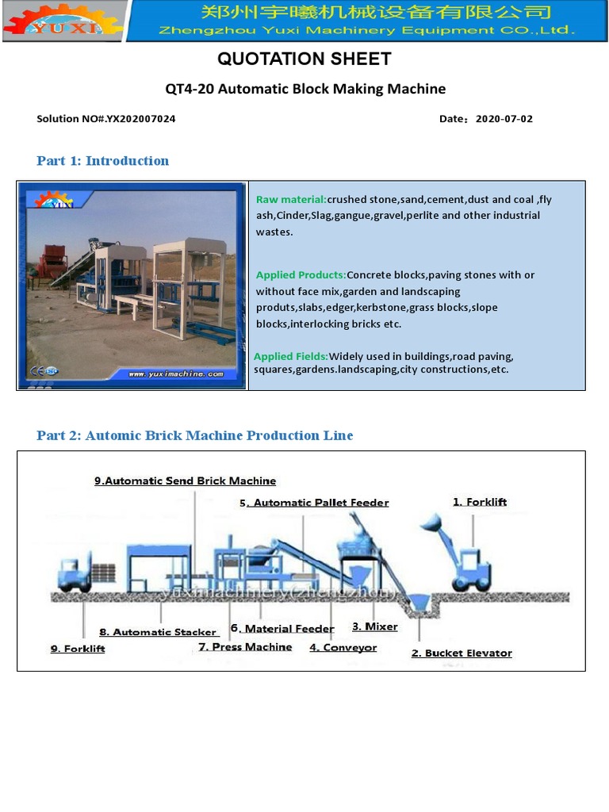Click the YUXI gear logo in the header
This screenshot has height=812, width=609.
click(x=63, y=21)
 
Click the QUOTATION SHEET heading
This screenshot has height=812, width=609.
click(x=304, y=59)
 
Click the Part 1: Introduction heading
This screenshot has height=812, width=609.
click(x=102, y=161)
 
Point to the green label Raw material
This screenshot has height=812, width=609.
click(x=291, y=199)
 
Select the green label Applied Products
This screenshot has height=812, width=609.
click(x=301, y=275)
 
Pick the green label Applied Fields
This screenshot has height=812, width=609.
click(x=291, y=356)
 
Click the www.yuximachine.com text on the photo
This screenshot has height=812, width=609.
click(x=176, y=373)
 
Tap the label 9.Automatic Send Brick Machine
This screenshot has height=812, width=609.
click(x=185, y=481)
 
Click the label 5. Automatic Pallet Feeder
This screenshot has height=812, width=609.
click(x=314, y=503)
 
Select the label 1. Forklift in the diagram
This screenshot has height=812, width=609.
click(x=480, y=502)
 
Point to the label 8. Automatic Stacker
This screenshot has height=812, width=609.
click(x=158, y=632)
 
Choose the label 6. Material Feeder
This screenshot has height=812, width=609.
click(x=282, y=629)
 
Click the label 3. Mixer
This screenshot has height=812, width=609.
click(x=375, y=626)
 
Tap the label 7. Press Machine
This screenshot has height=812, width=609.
click(x=245, y=647)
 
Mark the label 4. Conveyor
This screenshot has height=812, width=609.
click(x=343, y=648)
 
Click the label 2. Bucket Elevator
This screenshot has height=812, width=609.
click(x=462, y=653)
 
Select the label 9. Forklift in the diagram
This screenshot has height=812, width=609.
click(x=78, y=649)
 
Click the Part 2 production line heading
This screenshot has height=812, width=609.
click(x=195, y=435)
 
